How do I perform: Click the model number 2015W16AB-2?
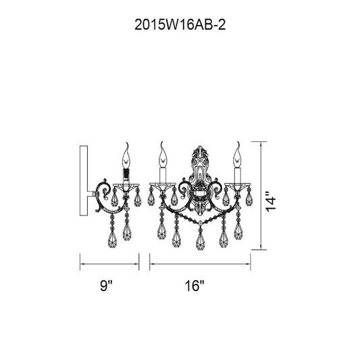(x=180, y=25)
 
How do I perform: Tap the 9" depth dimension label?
(x=106, y=286)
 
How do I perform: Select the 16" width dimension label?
(x=195, y=286)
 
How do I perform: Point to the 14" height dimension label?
(x=270, y=201)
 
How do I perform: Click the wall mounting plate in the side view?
(x=84, y=180)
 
